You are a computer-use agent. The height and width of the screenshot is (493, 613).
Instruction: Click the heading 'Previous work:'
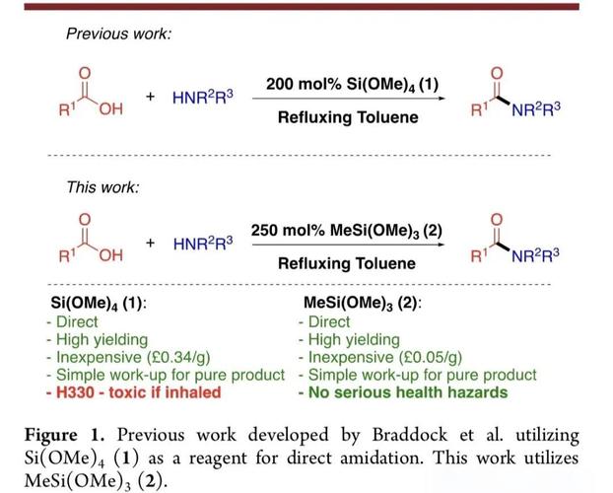click(119, 35)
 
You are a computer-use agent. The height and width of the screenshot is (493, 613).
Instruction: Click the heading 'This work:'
click(102, 187)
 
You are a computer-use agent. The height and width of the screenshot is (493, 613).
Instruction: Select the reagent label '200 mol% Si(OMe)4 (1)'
click(352, 85)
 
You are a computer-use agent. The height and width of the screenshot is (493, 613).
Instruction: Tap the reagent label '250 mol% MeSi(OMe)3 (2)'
click(346, 231)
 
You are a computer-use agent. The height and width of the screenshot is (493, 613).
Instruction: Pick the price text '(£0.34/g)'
click(178, 357)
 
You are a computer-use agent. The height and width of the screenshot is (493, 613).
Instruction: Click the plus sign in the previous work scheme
click(150, 97)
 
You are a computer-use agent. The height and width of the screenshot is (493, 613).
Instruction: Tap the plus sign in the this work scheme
click(150, 243)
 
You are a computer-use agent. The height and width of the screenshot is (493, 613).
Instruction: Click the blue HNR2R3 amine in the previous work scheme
click(202, 97)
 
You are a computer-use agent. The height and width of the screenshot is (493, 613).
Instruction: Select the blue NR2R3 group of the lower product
click(535, 256)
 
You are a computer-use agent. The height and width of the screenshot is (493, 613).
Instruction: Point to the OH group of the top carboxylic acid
click(110, 109)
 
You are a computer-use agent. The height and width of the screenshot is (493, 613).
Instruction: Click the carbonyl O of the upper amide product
click(497, 73)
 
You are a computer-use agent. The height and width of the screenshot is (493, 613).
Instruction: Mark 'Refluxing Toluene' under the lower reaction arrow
click(347, 263)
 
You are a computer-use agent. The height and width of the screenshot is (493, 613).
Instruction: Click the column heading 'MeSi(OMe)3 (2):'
click(363, 304)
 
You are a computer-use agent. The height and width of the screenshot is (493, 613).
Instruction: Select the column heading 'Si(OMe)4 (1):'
click(99, 304)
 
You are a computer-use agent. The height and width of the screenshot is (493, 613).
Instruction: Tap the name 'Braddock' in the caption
click(409, 435)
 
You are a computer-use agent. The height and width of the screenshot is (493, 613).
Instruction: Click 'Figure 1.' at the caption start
click(64, 436)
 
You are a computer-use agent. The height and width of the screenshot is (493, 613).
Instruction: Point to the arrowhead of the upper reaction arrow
click(442, 99)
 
